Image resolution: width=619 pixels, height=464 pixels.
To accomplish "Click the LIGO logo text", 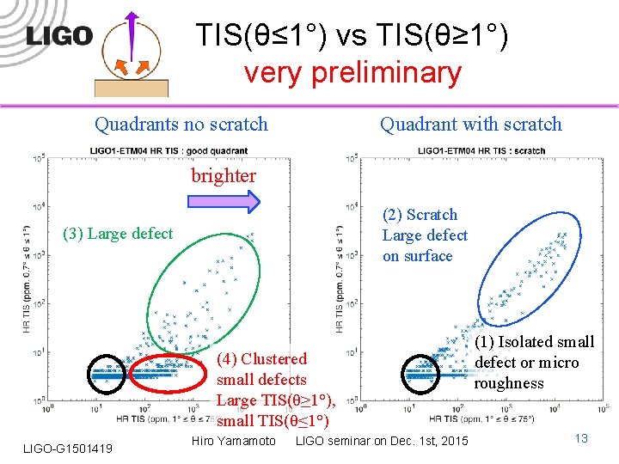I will [x=58, y=36].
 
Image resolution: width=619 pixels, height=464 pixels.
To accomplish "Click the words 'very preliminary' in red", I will [x=352, y=73].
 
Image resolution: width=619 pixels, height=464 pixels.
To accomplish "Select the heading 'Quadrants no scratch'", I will [x=181, y=125].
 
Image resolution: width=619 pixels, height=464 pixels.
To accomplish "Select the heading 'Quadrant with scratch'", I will [x=470, y=125].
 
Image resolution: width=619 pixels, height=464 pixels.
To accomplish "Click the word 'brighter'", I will [x=224, y=176].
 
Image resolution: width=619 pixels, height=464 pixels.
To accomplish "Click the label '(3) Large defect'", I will [x=118, y=234].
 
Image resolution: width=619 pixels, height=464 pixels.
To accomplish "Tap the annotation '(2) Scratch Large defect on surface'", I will [x=425, y=235].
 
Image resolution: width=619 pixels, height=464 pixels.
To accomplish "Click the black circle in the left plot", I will [x=108, y=374].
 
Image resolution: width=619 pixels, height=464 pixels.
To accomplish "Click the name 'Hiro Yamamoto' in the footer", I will [x=233, y=441].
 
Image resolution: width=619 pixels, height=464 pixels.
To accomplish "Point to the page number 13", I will [x=580, y=439].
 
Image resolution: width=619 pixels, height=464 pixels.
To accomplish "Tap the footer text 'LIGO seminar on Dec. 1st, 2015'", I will [x=383, y=441].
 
